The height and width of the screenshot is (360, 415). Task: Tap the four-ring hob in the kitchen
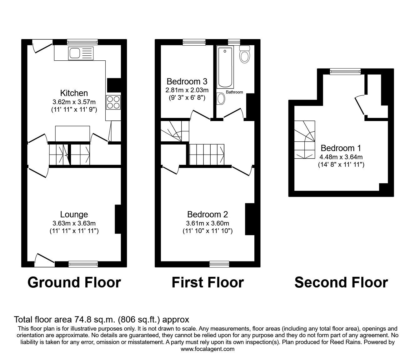(113, 102)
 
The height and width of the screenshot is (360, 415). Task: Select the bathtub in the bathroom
(225, 67)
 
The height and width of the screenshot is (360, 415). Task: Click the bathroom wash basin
(221, 99)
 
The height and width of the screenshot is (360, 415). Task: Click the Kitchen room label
(74, 93)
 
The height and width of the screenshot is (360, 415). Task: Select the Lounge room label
(74, 214)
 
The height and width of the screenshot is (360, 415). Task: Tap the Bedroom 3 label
(187, 82)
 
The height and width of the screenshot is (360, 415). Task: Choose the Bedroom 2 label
(207, 214)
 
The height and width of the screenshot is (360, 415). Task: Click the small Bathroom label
(234, 92)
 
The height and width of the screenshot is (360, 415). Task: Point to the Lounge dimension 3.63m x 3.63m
(74, 223)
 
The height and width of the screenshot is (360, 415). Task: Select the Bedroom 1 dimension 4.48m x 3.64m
(341, 157)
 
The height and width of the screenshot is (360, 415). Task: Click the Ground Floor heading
(74, 282)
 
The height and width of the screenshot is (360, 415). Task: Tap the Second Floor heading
(341, 282)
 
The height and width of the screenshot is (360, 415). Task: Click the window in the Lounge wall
(83, 264)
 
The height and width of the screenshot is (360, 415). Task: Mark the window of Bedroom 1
(345, 72)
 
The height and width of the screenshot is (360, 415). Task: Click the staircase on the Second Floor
(305, 140)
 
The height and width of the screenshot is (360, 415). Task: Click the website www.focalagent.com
(207, 349)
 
